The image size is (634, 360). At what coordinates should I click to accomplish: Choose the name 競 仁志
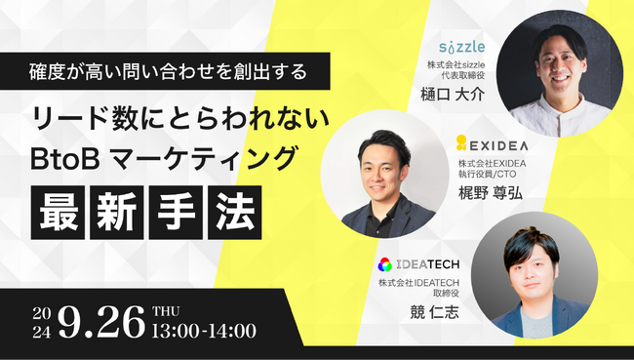(416, 313)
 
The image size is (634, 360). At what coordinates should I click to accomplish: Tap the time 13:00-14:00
(204, 330)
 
